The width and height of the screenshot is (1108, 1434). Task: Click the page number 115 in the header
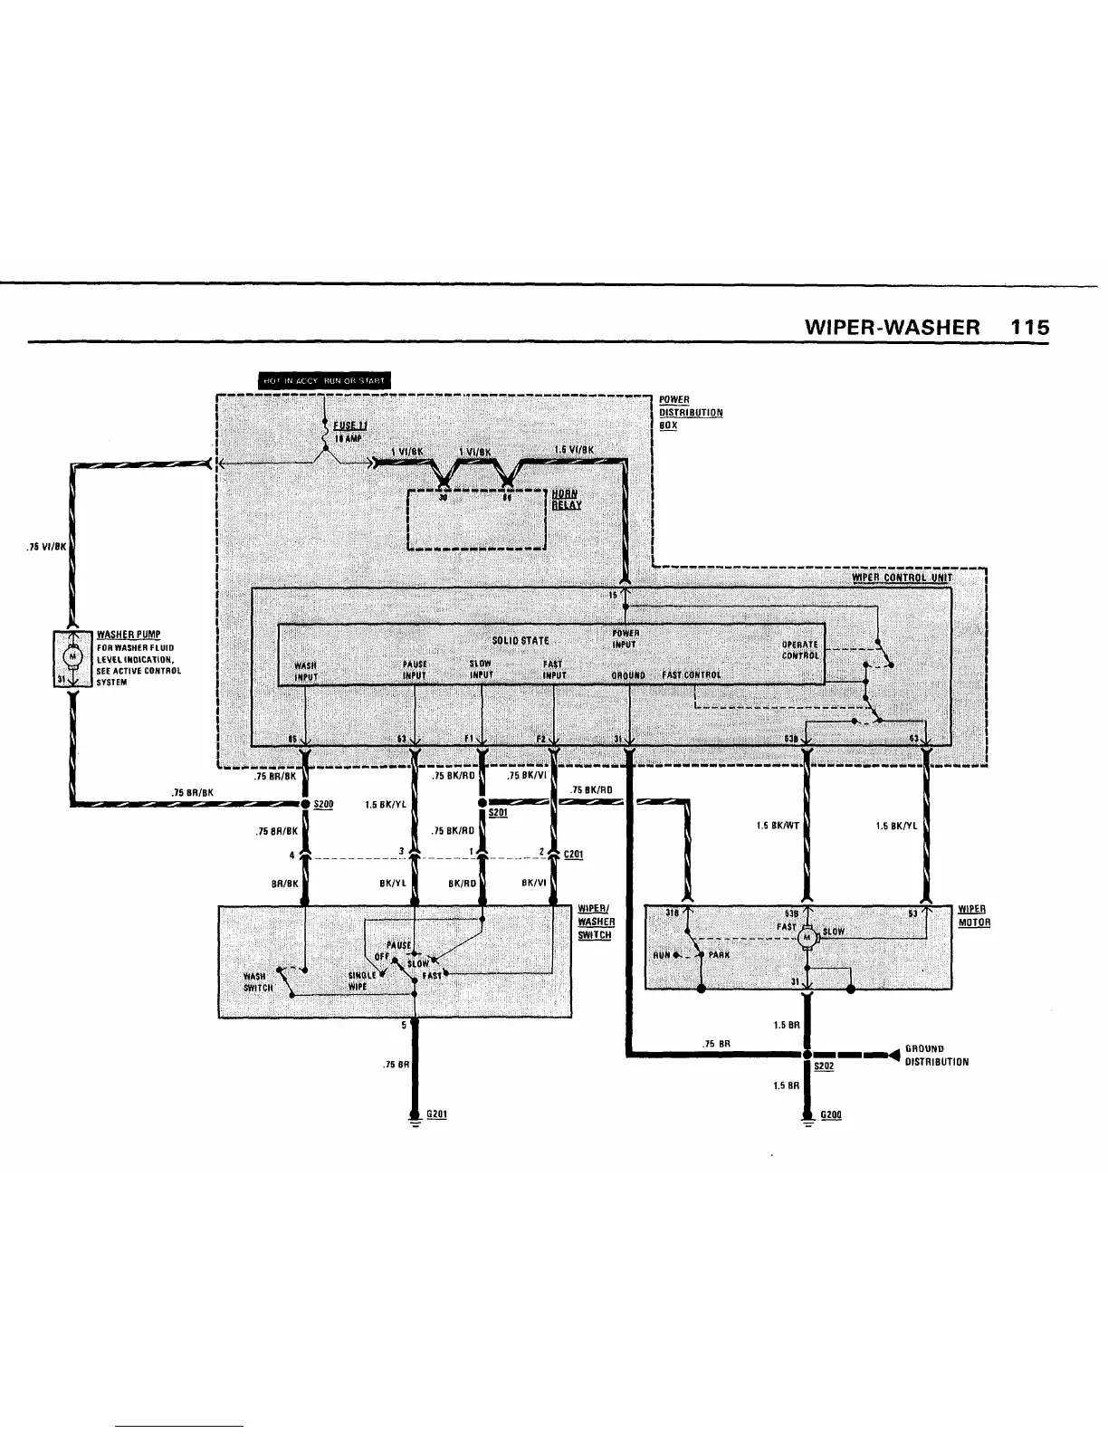click(1030, 327)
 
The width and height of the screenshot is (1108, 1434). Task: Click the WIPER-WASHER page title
click(892, 327)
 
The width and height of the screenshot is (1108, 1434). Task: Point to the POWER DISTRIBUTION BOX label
click(690, 413)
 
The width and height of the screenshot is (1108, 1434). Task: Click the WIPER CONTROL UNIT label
click(902, 578)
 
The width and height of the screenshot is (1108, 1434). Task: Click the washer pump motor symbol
click(71, 655)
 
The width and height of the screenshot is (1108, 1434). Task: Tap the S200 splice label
click(323, 804)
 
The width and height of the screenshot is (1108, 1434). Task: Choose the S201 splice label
click(497, 814)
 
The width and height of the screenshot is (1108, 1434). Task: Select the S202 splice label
click(823, 1066)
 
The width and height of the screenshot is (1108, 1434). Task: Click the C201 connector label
click(572, 854)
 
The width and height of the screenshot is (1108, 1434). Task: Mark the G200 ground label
click(830, 1114)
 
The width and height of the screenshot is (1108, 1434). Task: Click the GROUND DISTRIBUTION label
click(936, 1056)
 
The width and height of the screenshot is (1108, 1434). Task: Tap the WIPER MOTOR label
click(973, 916)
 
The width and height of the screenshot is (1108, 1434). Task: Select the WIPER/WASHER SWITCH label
click(596, 922)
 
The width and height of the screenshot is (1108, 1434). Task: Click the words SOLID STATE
click(520, 641)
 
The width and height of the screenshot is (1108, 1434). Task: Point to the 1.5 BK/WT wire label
click(778, 826)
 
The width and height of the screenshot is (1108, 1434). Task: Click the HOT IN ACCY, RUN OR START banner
click(323, 380)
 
